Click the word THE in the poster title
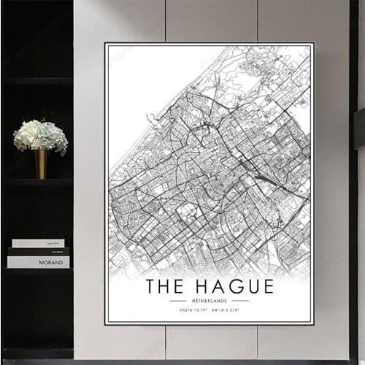coord(165,285)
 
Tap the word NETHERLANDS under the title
coord(210,300)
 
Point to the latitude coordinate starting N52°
coord(188,310)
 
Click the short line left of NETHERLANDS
coord(177,300)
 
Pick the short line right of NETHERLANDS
coord(241,300)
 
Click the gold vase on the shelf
coord(41,164)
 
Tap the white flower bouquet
coord(41,135)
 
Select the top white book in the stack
coord(38,243)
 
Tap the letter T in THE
coord(151,285)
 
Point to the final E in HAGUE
coord(267,285)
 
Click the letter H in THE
coord(166,285)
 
